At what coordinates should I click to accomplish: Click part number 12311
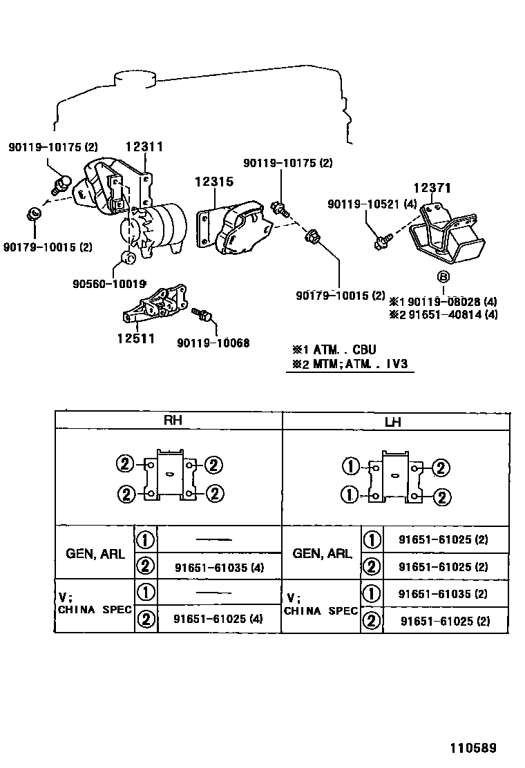coord(144,146)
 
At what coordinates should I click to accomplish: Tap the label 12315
coord(214,181)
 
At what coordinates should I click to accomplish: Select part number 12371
coord(432,188)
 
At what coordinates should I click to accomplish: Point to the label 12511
coord(136,338)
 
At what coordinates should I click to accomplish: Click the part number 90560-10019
coord(110,284)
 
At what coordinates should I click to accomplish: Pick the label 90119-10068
coord(213,343)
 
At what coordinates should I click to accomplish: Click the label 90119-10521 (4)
coord(372,204)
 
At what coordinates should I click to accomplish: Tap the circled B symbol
coord(443,277)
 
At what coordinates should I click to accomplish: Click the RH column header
coord(173,420)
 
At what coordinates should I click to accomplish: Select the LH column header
coord(393,421)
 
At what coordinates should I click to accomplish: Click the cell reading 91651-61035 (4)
coord(220,567)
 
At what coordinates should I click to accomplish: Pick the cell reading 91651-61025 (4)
coord(218,619)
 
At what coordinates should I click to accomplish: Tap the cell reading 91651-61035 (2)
coord(443,594)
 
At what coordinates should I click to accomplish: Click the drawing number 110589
coord(473,748)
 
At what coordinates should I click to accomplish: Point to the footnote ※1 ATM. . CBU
coord(334,349)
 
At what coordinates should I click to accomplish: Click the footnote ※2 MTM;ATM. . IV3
coord(350,365)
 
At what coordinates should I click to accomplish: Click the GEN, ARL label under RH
coord(95,553)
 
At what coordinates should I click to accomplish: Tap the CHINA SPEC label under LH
coord(321,611)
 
